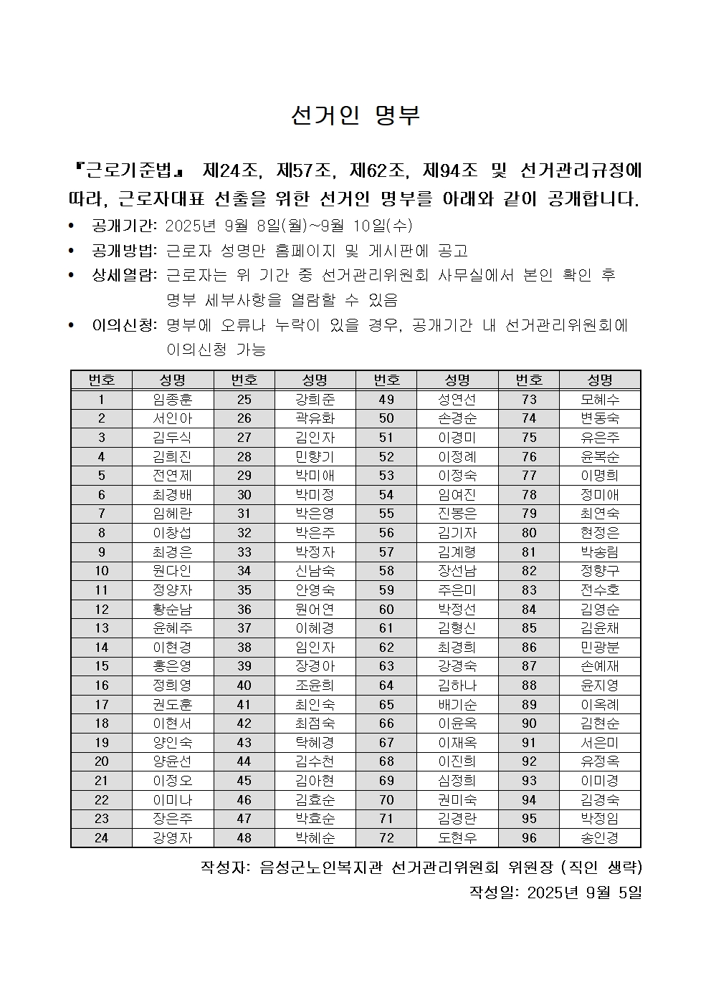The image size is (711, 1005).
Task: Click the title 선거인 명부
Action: (355, 116)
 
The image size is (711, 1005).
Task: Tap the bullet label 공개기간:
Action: (124, 226)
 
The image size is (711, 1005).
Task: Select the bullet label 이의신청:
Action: (124, 325)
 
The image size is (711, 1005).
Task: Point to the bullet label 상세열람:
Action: (124, 275)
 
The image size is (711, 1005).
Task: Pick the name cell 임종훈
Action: (173, 400)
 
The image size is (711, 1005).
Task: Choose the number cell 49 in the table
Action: (386, 400)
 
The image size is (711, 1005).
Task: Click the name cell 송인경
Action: (600, 837)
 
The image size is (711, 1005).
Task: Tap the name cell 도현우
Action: (457, 837)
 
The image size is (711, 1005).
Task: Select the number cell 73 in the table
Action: (529, 400)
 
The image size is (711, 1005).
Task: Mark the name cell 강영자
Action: (173, 837)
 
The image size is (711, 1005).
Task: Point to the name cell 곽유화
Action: (315, 418)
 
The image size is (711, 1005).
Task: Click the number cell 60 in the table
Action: (386, 609)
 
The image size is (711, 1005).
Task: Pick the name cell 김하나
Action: (457, 685)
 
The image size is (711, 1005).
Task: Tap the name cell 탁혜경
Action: (315, 742)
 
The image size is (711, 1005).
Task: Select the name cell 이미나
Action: (173, 799)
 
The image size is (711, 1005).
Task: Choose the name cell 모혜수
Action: (600, 400)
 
